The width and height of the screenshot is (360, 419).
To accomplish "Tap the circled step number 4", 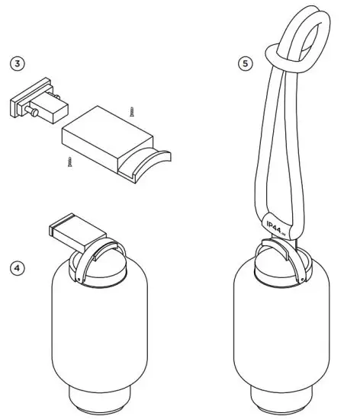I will tap(15, 269).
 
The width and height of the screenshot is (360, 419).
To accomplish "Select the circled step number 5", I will tap(244, 64).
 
